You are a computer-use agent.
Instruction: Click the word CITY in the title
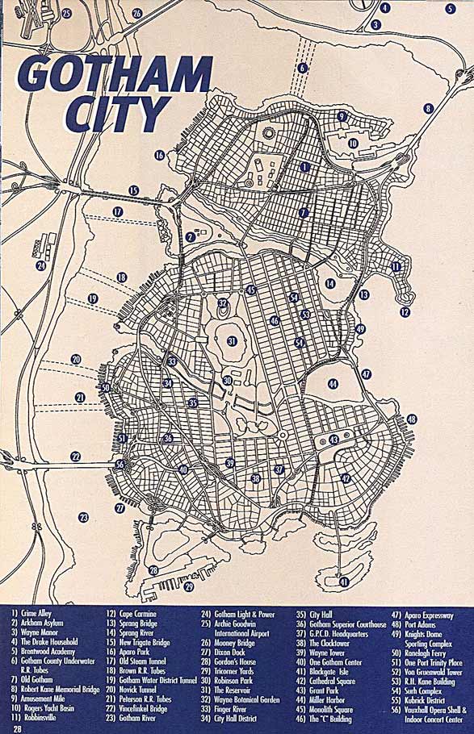[x=116, y=115]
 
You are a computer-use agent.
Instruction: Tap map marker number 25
[x=67, y=13]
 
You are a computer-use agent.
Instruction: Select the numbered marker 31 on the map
[x=232, y=341]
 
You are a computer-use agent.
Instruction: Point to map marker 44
[x=333, y=384]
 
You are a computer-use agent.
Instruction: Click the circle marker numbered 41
[x=344, y=582]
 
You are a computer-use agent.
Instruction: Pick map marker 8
[x=428, y=108]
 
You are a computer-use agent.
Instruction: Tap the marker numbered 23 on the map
[x=83, y=517]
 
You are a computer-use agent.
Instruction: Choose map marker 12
[x=405, y=311]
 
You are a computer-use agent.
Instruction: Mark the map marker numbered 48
[x=411, y=419]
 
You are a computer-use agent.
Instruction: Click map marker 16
[x=159, y=154]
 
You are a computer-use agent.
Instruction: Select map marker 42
[x=346, y=478]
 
